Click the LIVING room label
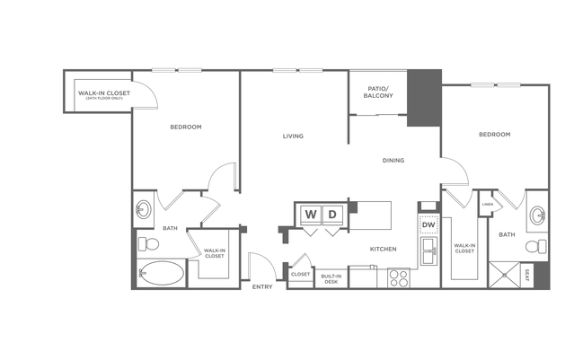click(x=293, y=136)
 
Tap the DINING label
click(x=393, y=161)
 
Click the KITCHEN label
click(x=384, y=249)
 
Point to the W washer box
click(x=310, y=214)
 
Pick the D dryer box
click(x=332, y=214)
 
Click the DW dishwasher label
click(x=428, y=224)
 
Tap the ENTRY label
click(x=262, y=286)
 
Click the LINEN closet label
click(x=487, y=204)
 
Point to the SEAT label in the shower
click(x=526, y=274)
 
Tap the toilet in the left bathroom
click(x=148, y=243)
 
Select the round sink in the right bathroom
click(x=537, y=214)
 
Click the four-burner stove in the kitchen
click(x=398, y=277)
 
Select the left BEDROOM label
click(x=186, y=127)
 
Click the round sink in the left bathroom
click(x=144, y=212)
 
